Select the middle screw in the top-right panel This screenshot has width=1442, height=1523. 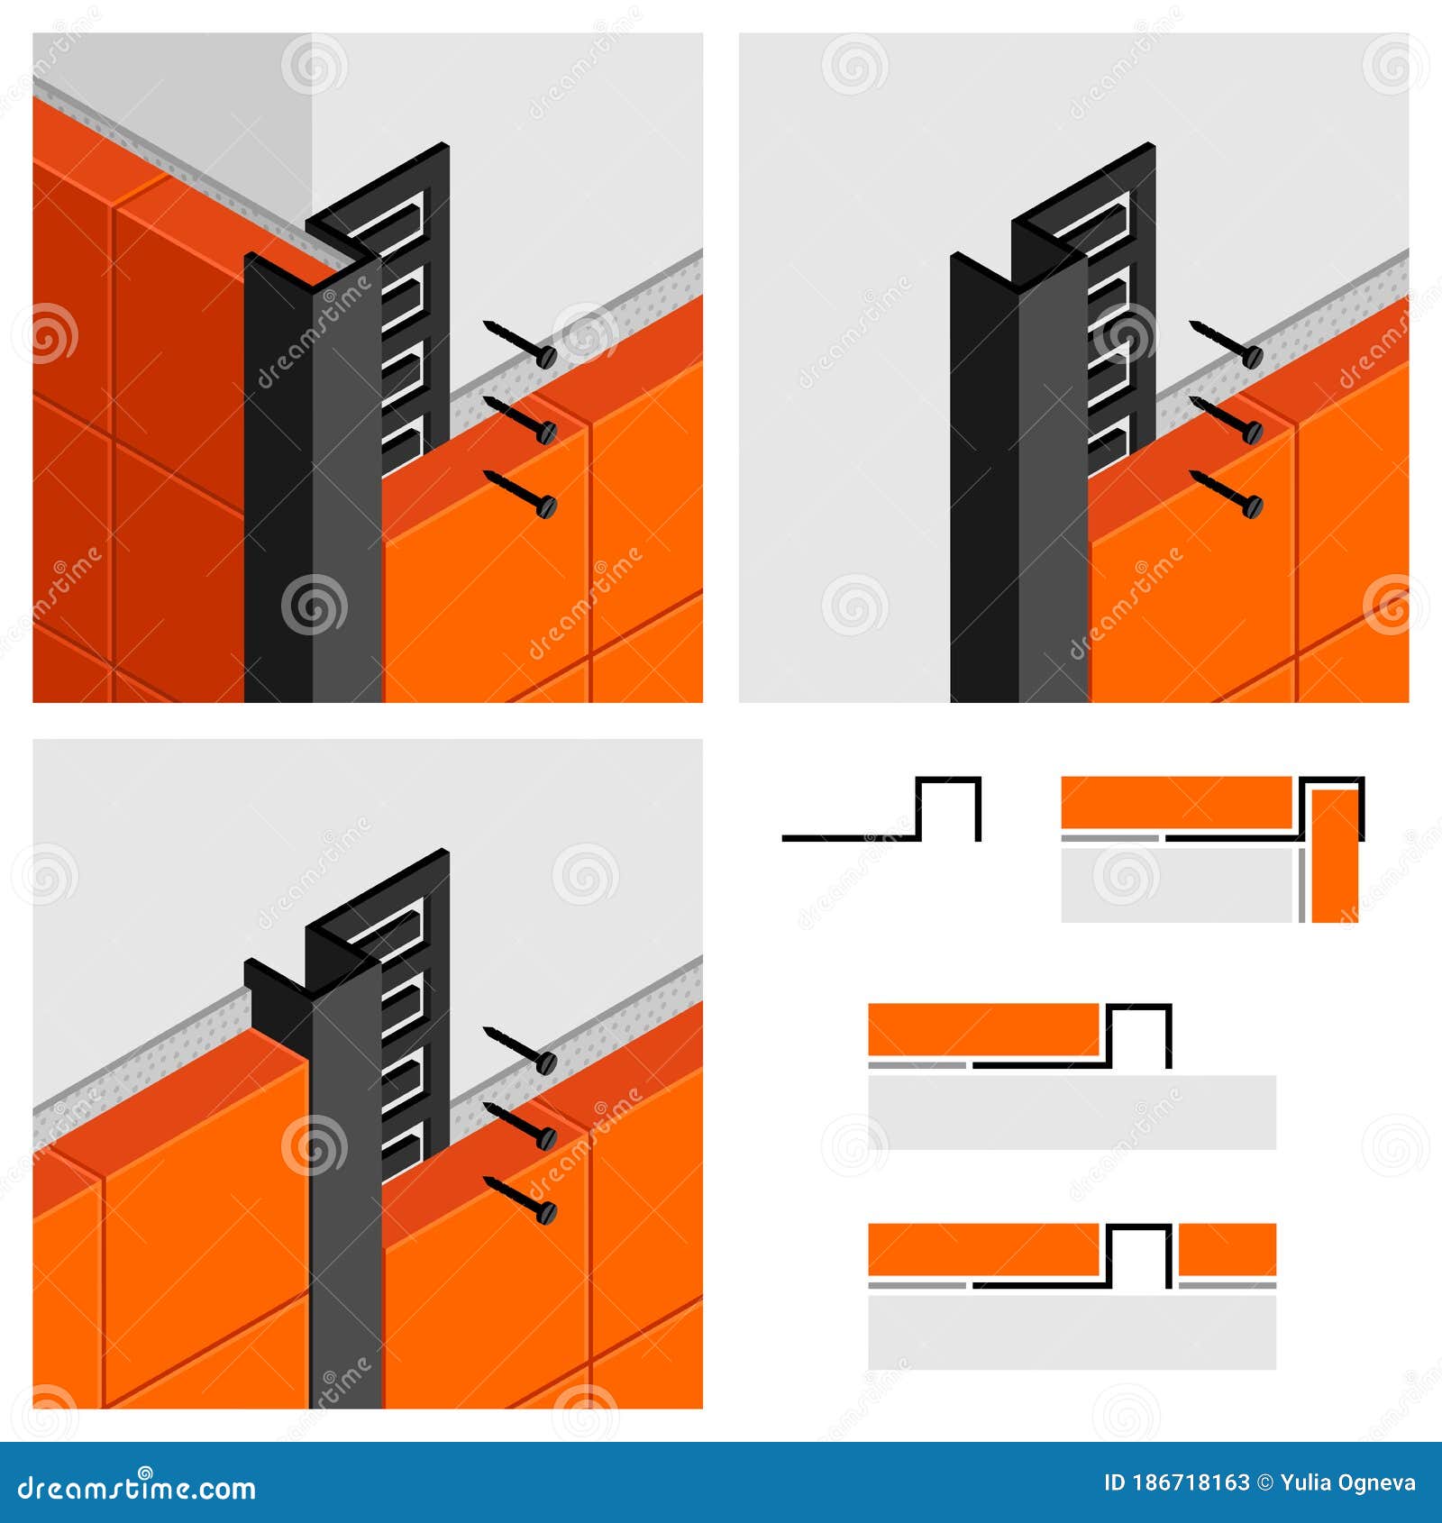tap(1227, 418)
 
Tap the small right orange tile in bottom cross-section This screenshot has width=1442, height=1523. tap(1227, 1249)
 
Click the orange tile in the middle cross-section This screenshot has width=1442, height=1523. tap(982, 1029)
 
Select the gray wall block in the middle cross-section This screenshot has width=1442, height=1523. tap(1072, 1112)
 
